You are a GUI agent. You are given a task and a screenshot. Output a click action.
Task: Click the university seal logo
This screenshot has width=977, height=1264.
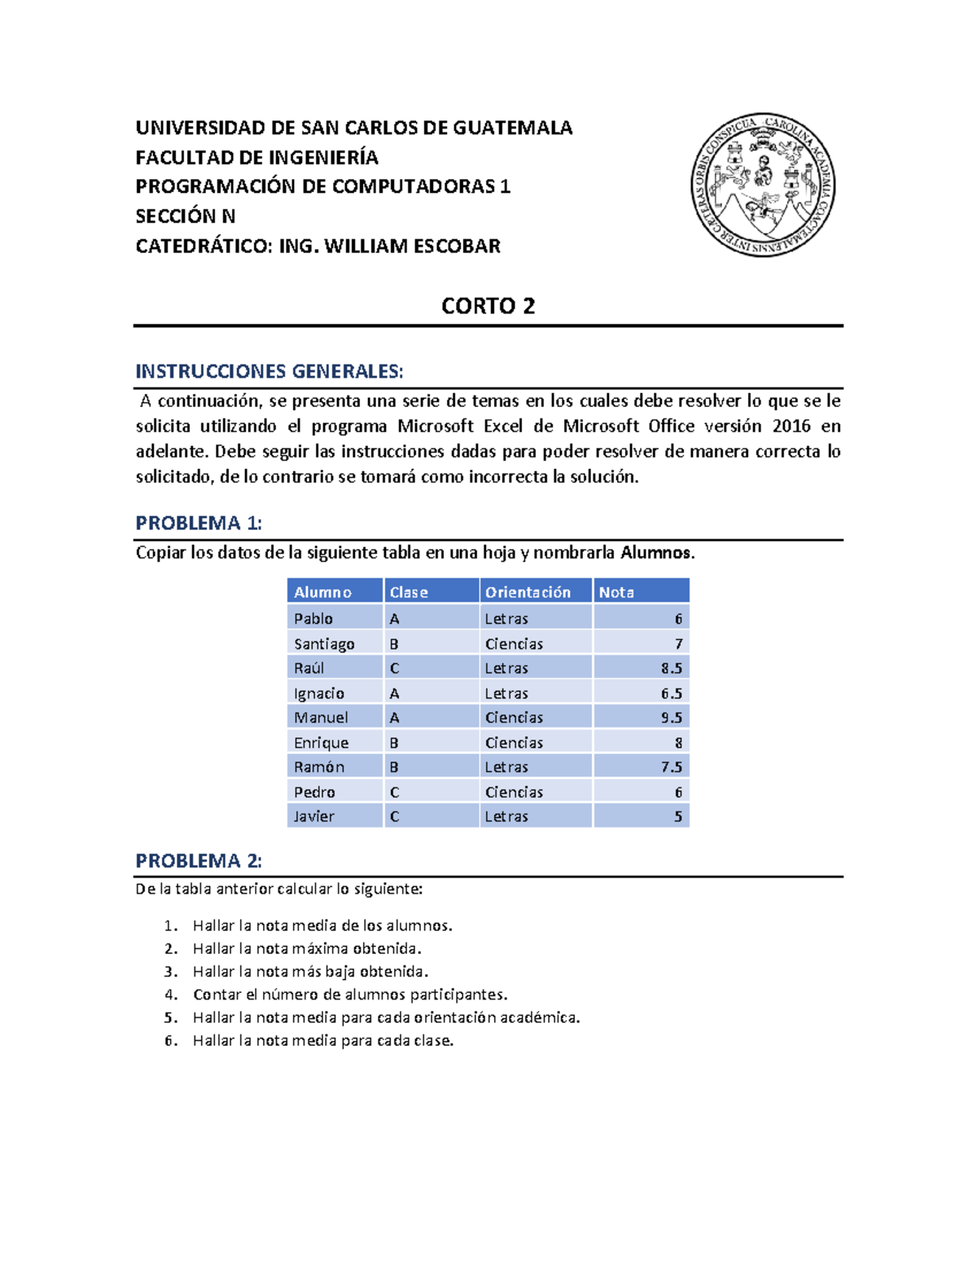click(x=763, y=186)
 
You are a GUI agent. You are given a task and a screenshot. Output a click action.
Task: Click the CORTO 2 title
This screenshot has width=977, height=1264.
click(x=488, y=306)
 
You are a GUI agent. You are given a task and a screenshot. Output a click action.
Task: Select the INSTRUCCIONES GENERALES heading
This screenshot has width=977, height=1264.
click(x=269, y=372)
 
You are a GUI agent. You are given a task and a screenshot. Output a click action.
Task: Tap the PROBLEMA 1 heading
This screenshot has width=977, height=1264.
click(x=198, y=523)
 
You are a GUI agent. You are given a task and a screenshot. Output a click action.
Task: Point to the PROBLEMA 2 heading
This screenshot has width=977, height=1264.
click(x=198, y=860)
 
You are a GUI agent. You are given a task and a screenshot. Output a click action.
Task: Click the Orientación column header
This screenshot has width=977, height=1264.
click(x=528, y=592)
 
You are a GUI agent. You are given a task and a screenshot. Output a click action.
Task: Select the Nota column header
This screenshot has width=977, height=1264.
click(x=616, y=592)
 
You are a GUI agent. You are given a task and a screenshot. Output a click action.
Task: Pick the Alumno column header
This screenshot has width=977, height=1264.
click(x=322, y=592)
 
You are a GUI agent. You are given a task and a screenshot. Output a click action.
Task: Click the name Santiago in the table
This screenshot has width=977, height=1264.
click(x=324, y=644)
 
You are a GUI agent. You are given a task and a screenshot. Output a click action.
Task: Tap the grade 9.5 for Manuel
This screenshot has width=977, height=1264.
click(x=671, y=717)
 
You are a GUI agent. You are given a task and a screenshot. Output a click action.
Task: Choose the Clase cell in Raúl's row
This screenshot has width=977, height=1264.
click(x=395, y=668)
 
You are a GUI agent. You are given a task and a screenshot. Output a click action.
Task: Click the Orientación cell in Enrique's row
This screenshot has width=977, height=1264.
click(x=514, y=742)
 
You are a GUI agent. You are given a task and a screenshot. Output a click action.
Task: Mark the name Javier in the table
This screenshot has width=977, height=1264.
click(x=314, y=816)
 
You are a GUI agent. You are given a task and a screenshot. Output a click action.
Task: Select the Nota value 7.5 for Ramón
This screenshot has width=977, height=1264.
click(x=671, y=767)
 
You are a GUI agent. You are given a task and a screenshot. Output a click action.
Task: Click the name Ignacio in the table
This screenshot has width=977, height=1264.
click(x=319, y=693)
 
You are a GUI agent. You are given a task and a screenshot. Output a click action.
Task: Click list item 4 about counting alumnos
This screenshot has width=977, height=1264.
click(x=349, y=994)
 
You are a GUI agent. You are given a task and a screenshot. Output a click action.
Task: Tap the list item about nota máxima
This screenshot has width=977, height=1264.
click(x=306, y=948)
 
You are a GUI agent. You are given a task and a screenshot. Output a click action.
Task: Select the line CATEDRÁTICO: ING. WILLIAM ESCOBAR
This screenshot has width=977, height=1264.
click(x=318, y=246)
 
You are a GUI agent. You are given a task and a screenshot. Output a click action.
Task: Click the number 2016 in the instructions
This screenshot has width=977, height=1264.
click(x=791, y=426)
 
